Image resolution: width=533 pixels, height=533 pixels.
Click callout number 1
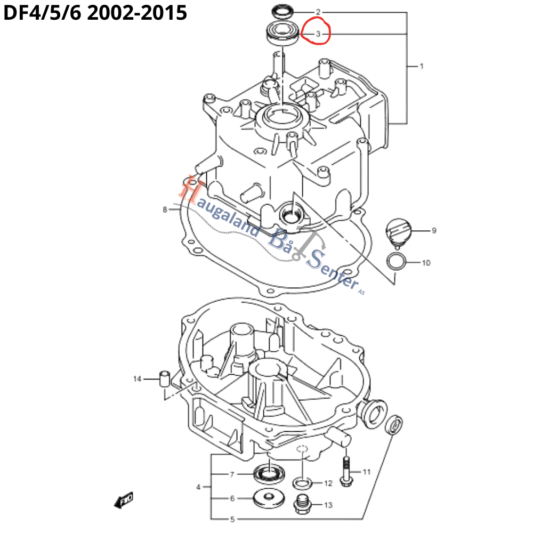[421, 67]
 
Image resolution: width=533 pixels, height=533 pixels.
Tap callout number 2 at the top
[318, 12]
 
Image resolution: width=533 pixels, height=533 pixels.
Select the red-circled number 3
[318, 35]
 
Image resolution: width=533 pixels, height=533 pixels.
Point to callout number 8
[165, 210]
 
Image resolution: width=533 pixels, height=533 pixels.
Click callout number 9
[434, 231]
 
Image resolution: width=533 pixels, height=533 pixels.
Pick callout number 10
[426, 263]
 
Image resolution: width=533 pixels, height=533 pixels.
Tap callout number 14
[138, 379]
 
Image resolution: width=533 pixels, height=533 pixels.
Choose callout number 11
[366, 472]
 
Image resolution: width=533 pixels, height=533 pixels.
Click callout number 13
[328, 505]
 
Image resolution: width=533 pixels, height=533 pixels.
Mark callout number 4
[198, 487]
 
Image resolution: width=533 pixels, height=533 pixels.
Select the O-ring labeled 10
[395, 262]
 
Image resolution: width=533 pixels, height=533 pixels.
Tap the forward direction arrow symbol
[124, 500]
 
